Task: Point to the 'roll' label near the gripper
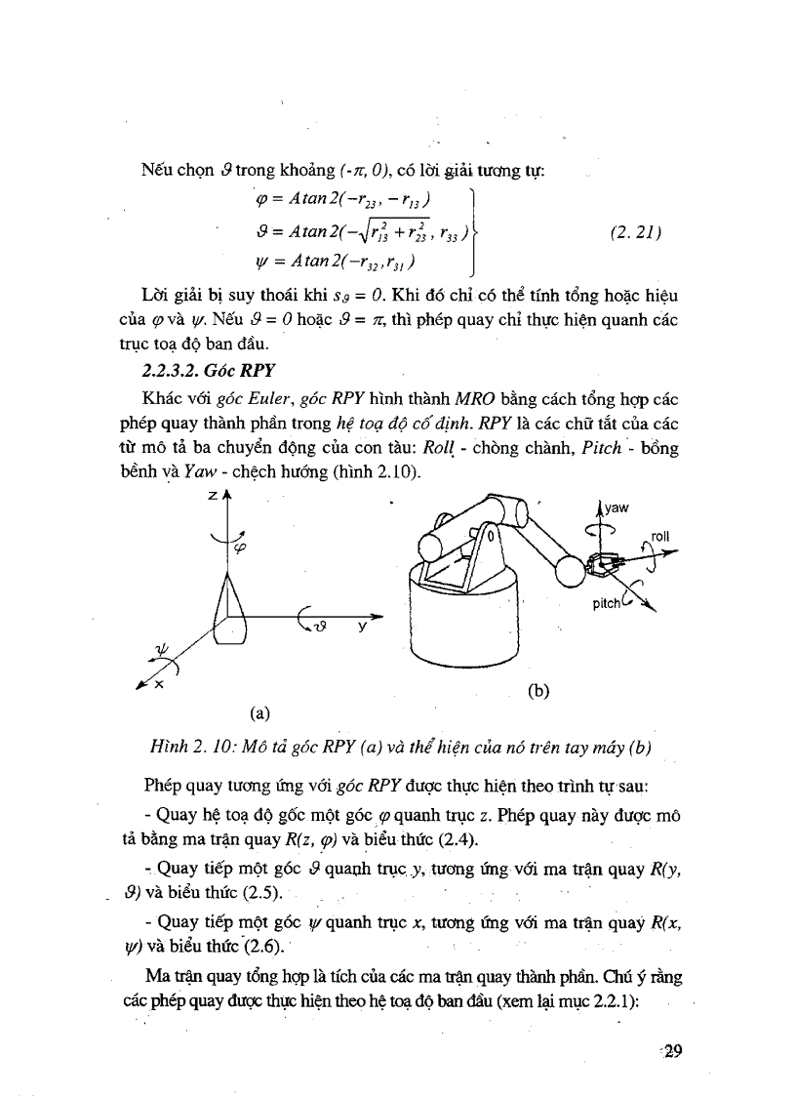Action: pos(663,536)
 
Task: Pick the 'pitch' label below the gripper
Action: pos(607,603)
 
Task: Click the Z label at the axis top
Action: pos(212,497)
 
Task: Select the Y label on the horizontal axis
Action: pos(361,629)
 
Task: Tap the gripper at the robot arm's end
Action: pos(604,565)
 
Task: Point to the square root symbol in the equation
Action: pos(325,234)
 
